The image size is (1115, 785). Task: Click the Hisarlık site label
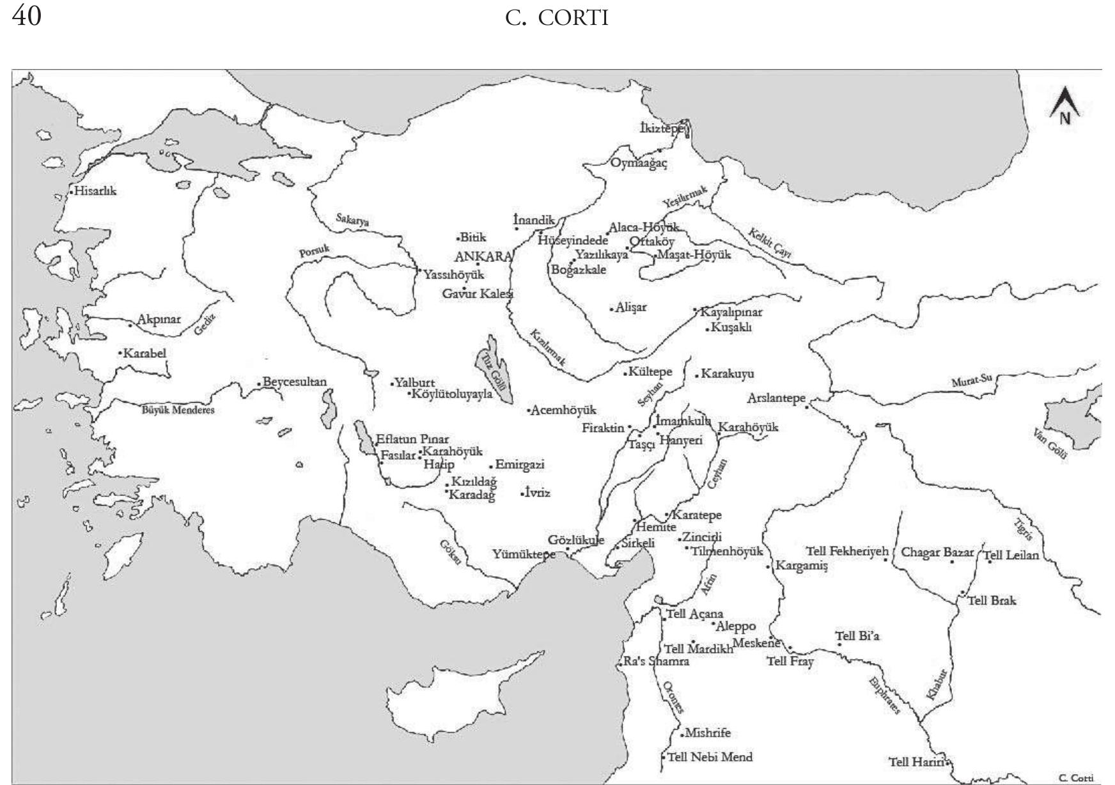96,191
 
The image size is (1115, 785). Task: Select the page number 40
27,16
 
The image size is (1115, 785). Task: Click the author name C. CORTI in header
556,19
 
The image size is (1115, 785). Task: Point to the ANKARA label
483,257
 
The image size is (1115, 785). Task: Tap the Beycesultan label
295,382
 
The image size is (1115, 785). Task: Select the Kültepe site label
650,372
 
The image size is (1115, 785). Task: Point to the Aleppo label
737,627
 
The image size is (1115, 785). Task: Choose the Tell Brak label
992,601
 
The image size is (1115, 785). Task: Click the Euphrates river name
885,696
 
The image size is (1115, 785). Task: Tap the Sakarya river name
353,221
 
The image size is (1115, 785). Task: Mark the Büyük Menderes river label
178,410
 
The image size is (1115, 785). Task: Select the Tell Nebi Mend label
710,758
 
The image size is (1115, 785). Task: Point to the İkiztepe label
660,128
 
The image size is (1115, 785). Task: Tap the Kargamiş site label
801,566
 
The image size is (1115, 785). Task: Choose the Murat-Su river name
971,382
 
